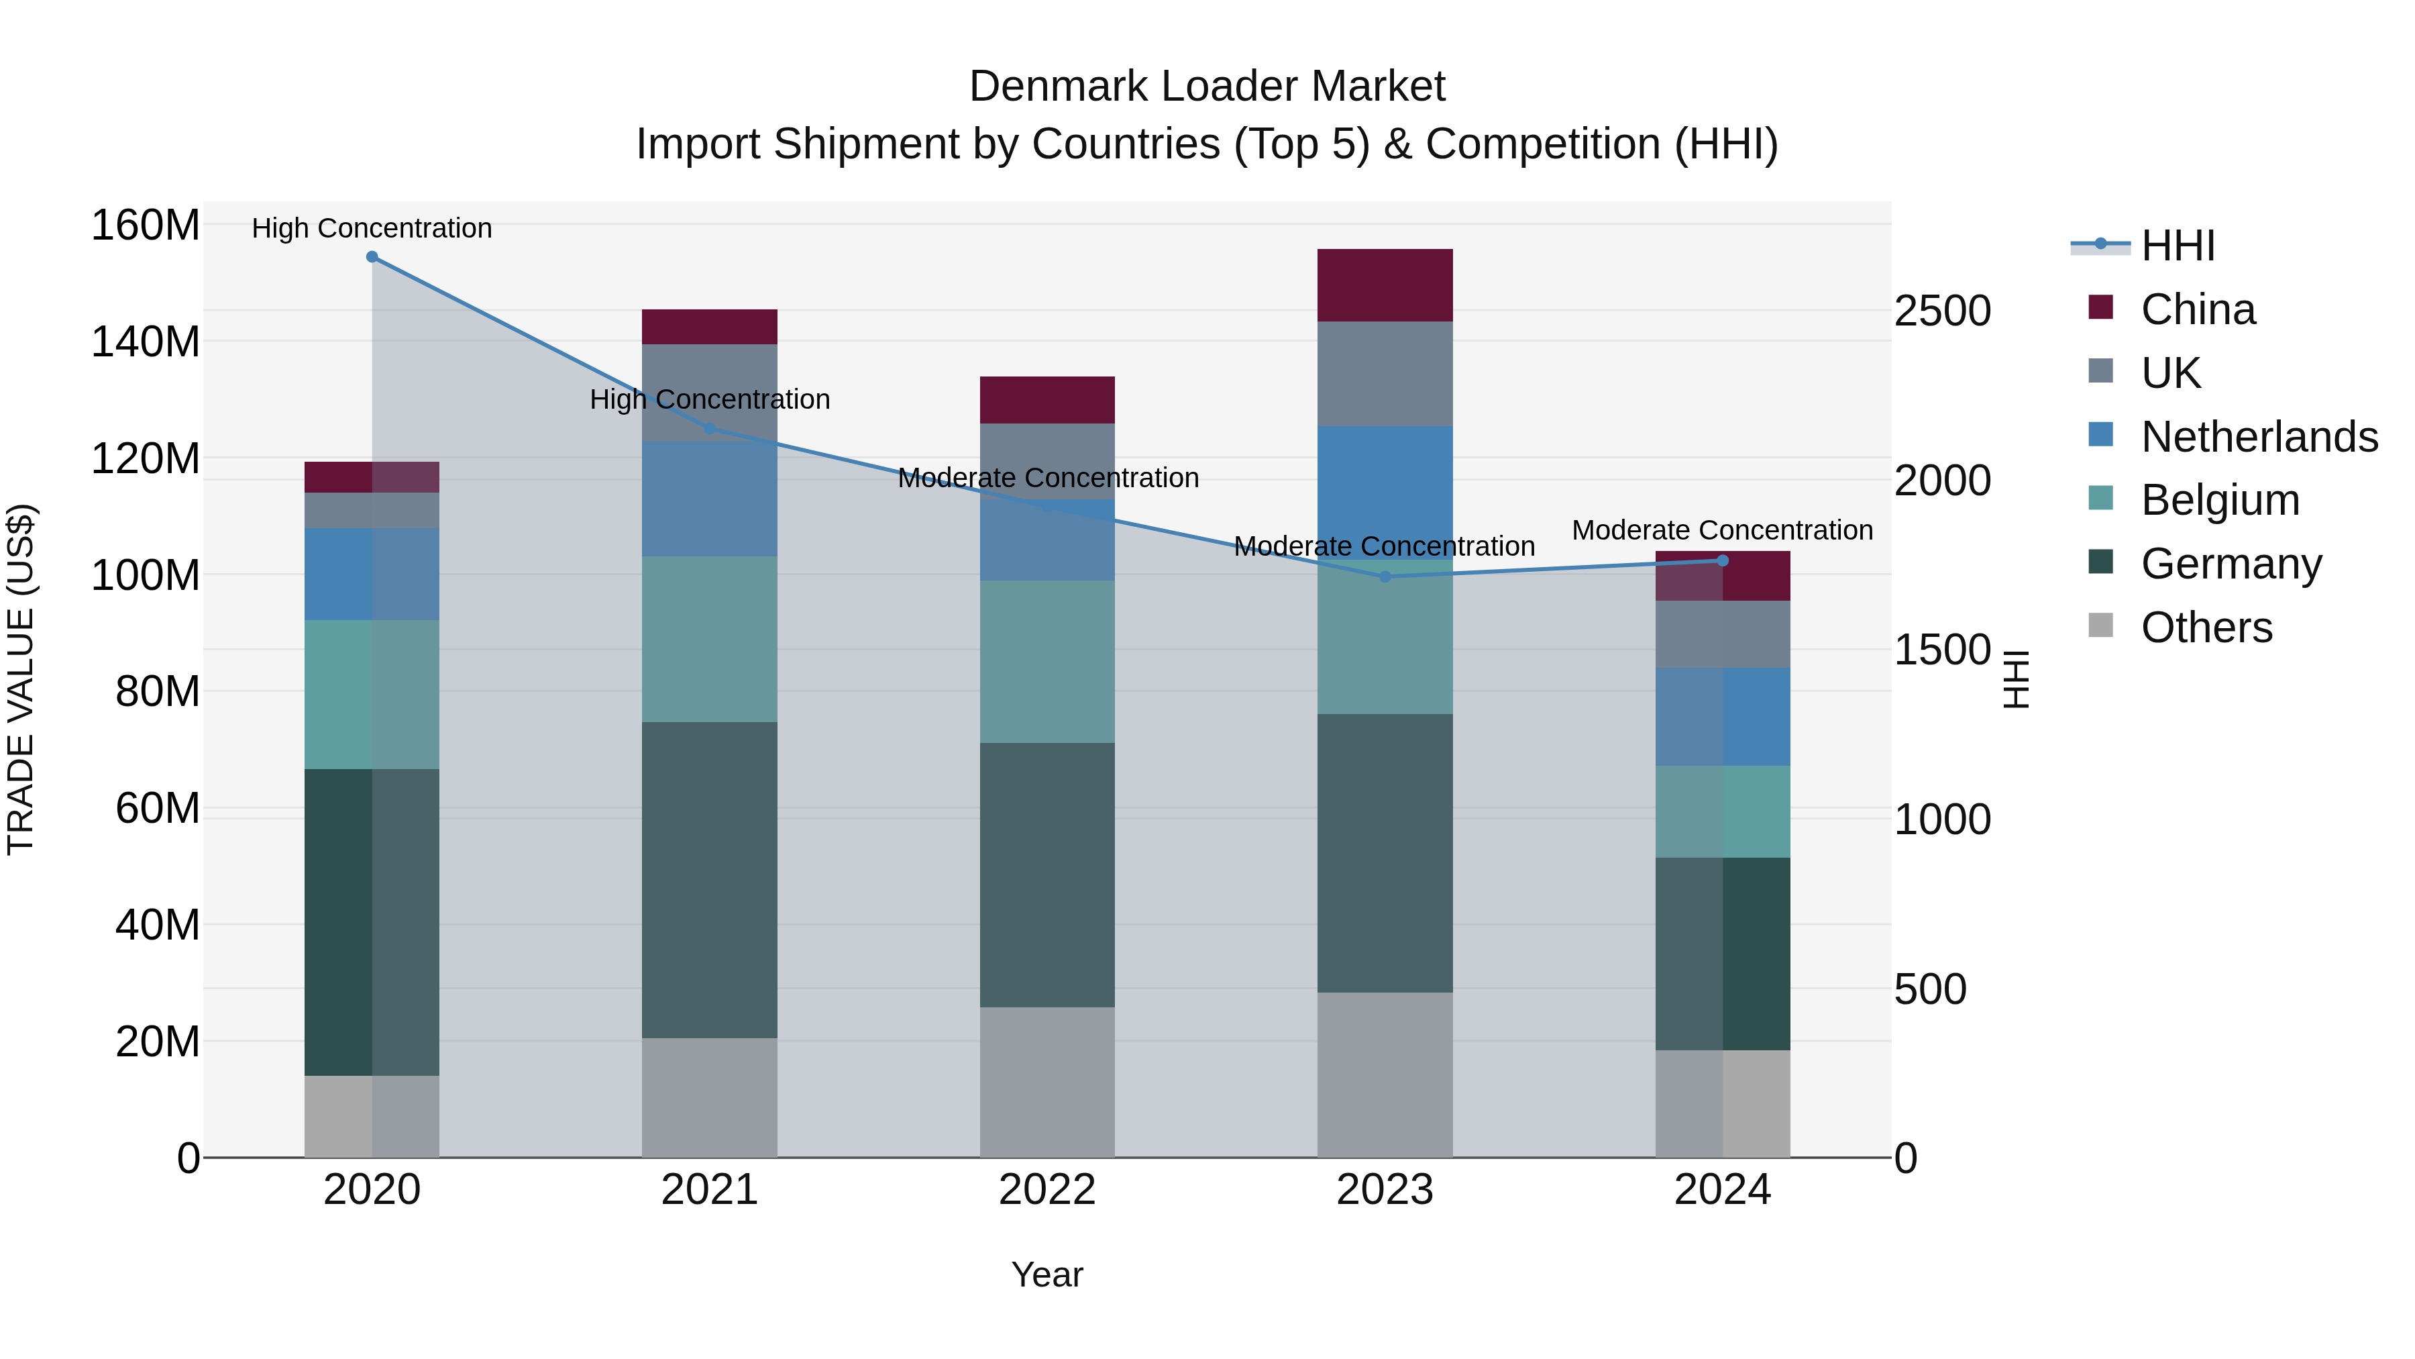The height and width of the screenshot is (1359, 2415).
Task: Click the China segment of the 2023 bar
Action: pos(1385,285)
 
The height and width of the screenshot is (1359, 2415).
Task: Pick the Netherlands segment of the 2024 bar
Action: pos(1722,717)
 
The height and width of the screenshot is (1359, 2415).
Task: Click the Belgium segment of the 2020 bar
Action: pos(372,694)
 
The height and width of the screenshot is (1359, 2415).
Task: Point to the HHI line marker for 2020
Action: pos(372,257)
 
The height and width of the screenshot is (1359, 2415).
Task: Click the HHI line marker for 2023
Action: pos(1385,576)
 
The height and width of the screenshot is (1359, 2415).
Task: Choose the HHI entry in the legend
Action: pos(2178,246)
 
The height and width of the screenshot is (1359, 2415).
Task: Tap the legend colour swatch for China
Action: pos(2101,307)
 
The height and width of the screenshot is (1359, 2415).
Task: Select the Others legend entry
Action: pos(2206,627)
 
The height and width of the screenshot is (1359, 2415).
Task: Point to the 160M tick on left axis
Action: pos(146,226)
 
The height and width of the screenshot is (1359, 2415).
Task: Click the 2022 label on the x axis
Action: pos(1047,1190)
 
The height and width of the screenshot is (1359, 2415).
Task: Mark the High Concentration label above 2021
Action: pos(710,399)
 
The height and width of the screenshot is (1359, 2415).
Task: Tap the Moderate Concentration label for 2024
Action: pos(1722,530)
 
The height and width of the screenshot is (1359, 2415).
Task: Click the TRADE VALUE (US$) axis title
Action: pos(21,679)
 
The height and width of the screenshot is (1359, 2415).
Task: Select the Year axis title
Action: pos(1047,1274)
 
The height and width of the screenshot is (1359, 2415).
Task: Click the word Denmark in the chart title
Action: pos(1057,87)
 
